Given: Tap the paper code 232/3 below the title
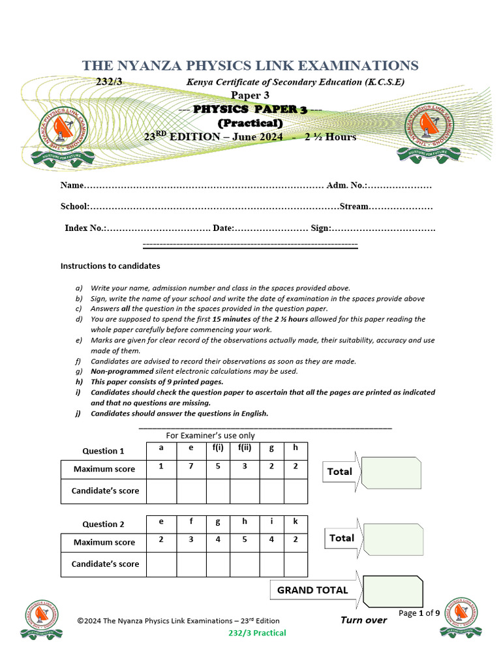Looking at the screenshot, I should (x=109, y=82).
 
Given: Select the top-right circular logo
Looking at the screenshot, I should (x=430, y=128).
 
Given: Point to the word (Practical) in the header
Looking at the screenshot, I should (x=250, y=123).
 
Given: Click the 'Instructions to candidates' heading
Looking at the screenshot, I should (x=110, y=266).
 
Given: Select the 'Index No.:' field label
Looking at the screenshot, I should (x=85, y=228).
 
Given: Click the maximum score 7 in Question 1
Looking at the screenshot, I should (x=191, y=466).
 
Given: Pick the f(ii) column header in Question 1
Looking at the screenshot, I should (x=245, y=448).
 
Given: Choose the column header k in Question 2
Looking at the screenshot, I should (x=295, y=521).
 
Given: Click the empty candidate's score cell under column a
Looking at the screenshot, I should (x=161, y=491).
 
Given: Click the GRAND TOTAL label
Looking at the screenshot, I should (x=313, y=590).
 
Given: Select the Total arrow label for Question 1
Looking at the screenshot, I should (x=340, y=471).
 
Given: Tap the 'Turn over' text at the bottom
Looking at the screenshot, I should (x=363, y=620).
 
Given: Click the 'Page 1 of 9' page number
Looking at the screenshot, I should (x=419, y=613).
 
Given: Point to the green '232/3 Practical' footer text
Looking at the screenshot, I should (x=257, y=633).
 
